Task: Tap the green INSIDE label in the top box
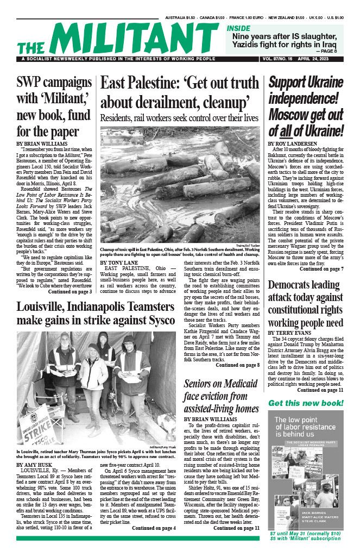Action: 238,28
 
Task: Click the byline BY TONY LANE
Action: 119,262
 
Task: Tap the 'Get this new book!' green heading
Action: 306,403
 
